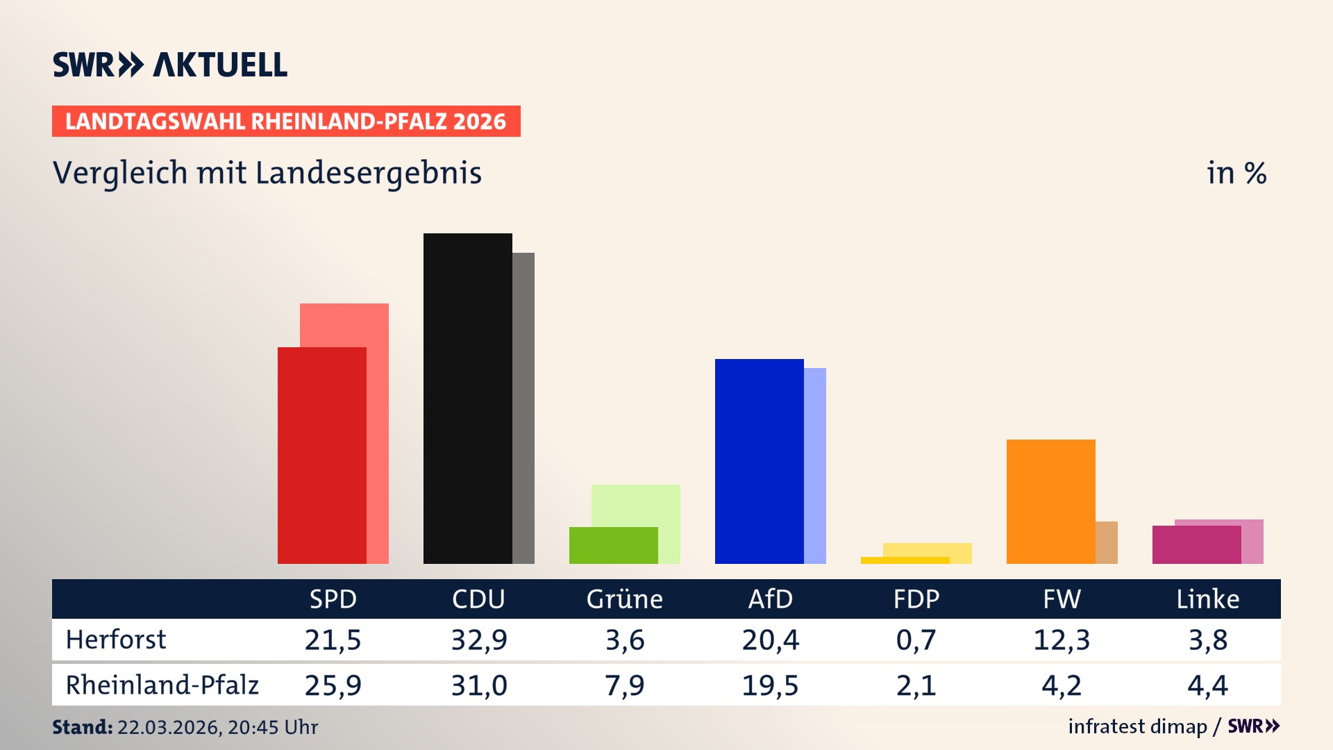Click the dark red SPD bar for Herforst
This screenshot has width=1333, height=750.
click(x=321, y=455)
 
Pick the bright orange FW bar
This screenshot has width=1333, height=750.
click(x=1050, y=501)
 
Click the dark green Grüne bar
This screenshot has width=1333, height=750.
click(x=613, y=545)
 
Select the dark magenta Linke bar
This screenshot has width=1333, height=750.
click(x=1196, y=544)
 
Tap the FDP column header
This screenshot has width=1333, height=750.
click(x=916, y=599)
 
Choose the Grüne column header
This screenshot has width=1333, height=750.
click(x=624, y=599)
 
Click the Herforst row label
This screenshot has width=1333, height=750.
click(x=116, y=640)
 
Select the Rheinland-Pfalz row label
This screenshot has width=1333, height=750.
click(x=162, y=685)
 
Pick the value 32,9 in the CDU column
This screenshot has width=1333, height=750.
click(x=479, y=640)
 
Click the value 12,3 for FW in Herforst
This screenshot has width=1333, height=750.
click(x=1062, y=640)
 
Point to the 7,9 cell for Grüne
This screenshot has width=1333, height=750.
click(x=624, y=685)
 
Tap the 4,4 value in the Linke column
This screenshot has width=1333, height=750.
click(x=1207, y=685)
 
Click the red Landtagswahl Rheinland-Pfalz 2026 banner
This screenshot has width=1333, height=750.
click(x=286, y=122)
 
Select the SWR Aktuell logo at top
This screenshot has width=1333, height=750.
click(x=170, y=65)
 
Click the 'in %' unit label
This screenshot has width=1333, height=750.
click(x=1236, y=173)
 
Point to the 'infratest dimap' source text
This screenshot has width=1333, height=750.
click(x=1137, y=726)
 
